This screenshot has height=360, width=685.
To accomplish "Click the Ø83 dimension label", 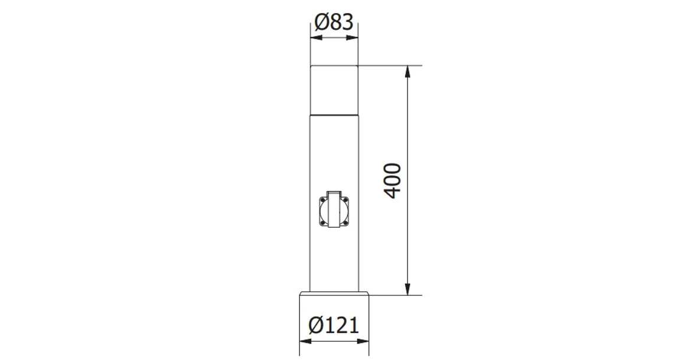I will coord(334,22).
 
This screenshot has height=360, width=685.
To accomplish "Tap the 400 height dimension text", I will coord(392,181).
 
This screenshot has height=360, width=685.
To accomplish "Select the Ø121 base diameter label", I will coord(334,325).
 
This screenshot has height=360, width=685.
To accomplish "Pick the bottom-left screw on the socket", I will coord(321,223).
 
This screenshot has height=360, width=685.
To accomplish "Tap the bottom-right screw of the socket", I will coord(347,223).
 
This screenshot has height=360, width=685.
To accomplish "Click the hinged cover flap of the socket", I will coord(334,209).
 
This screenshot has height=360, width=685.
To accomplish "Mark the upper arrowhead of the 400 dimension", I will coord(407,71).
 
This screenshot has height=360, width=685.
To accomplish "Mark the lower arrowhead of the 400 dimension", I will coord(407,289).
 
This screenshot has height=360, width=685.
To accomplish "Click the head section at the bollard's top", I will coord(334,89).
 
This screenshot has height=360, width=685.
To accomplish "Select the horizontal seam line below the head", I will coord(334,113).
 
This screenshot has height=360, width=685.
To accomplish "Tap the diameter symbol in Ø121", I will coord(316,325).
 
